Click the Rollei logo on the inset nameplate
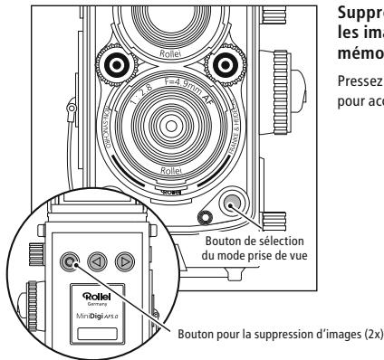coord(95,294)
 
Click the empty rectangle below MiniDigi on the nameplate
coord(95,334)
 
